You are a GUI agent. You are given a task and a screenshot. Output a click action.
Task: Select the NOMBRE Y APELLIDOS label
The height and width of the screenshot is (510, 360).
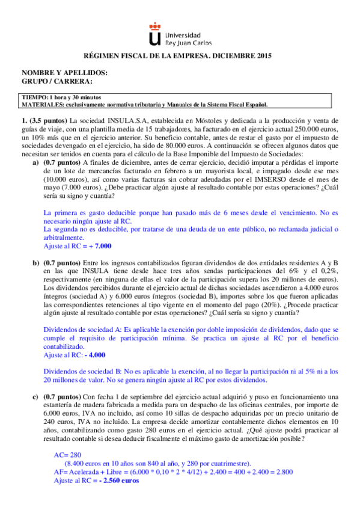[64, 73]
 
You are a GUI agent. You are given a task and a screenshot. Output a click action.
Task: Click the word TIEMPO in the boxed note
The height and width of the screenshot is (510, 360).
[35, 97]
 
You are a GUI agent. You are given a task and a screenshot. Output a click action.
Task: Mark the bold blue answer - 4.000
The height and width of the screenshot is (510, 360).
[94, 355]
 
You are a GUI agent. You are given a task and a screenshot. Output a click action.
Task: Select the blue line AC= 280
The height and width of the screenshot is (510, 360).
[66, 456]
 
